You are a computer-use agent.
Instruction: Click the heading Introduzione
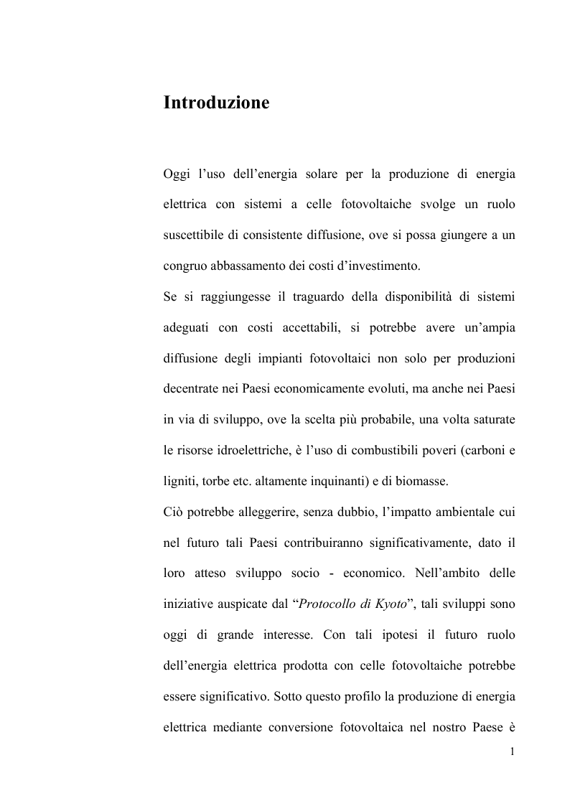(216, 103)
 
